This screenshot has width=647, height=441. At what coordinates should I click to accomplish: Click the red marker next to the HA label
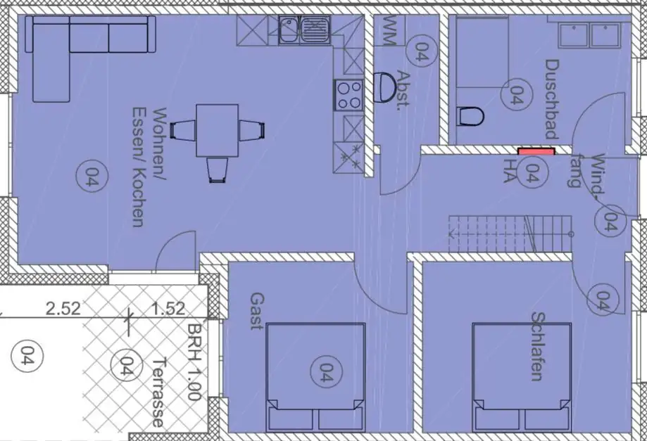click(x=536, y=151)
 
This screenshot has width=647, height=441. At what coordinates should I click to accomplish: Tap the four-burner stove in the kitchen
click(x=348, y=96)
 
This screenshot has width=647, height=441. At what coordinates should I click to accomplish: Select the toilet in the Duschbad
click(x=471, y=116)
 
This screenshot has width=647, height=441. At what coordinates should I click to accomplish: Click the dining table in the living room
click(x=217, y=131)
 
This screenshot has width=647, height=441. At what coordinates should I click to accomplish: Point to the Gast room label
click(x=257, y=311)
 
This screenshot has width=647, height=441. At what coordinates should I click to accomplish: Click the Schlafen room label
click(x=538, y=346)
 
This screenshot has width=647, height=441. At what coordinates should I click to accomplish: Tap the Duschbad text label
click(x=552, y=99)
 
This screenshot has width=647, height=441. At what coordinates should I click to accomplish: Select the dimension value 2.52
click(x=63, y=308)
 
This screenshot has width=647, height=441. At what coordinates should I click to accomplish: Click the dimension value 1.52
click(x=168, y=308)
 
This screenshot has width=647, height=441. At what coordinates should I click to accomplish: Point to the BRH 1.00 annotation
click(x=194, y=361)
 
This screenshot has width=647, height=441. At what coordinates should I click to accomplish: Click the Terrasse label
click(x=159, y=392)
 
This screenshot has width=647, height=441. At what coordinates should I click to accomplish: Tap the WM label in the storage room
click(x=389, y=30)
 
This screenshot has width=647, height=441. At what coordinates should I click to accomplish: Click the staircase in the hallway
click(x=510, y=234)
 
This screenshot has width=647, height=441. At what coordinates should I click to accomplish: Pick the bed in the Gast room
click(x=315, y=377)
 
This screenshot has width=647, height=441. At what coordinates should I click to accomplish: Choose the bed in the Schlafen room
click(x=522, y=377)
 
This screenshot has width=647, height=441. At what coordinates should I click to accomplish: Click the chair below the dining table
click(x=218, y=170)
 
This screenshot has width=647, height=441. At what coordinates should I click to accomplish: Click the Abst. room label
click(x=402, y=89)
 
